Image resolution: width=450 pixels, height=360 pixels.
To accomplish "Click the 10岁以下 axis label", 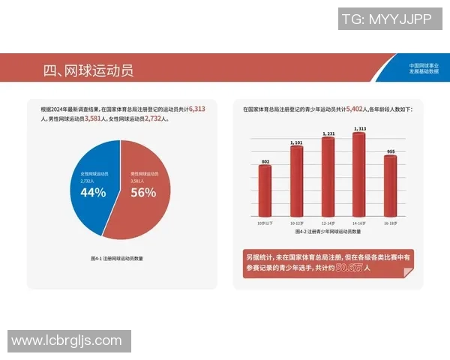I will point(265,223).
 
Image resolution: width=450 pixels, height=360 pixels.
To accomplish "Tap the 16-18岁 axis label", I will point(390,223).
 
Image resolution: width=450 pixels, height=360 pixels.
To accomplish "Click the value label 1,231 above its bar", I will point(328,133).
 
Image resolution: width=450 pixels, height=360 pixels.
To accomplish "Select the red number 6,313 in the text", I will point(198,109).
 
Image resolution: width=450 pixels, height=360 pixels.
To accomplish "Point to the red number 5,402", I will point(358,109).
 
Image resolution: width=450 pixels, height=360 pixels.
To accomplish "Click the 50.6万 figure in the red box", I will point(349,267).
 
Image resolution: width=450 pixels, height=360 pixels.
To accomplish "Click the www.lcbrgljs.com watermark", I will point(67,340).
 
